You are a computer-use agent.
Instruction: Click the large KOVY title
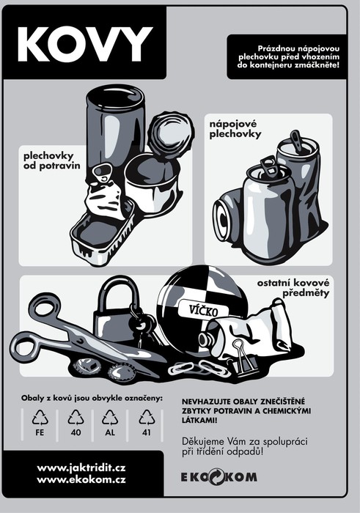[85, 44]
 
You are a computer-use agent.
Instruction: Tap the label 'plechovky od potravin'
[52, 160]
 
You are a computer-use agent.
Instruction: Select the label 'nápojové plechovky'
[235, 129]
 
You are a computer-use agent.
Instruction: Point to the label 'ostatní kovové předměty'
[293, 287]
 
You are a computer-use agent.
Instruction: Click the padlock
[116, 311]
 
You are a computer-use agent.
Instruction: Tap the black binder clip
[243, 358]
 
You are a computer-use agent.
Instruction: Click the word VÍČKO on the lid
[203, 310]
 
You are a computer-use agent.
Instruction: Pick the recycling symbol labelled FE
[40, 418]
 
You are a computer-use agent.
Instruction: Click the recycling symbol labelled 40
[76, 418]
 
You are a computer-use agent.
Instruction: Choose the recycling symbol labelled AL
[110, 418]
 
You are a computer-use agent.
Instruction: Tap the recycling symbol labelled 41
[147, 418]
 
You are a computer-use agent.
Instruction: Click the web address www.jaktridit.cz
[81, 468]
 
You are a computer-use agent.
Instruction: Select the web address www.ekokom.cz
[81, 480]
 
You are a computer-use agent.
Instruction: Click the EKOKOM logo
[219, 477]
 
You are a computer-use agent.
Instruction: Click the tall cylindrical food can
[114, 131]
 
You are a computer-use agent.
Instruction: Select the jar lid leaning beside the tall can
[170, 135]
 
